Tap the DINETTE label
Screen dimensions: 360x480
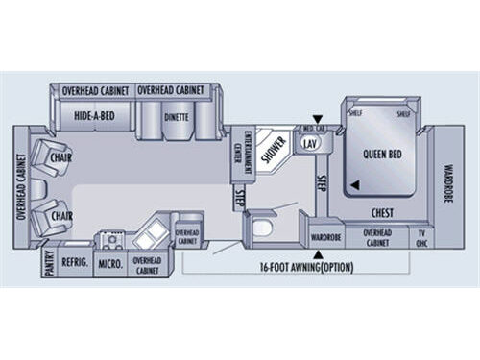pos(176,117)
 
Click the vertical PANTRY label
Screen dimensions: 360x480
pos(49,264)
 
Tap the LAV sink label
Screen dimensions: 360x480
pos(309,143)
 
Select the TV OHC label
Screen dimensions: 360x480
pos(421,238)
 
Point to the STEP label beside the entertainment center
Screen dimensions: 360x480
pos(239,198)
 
